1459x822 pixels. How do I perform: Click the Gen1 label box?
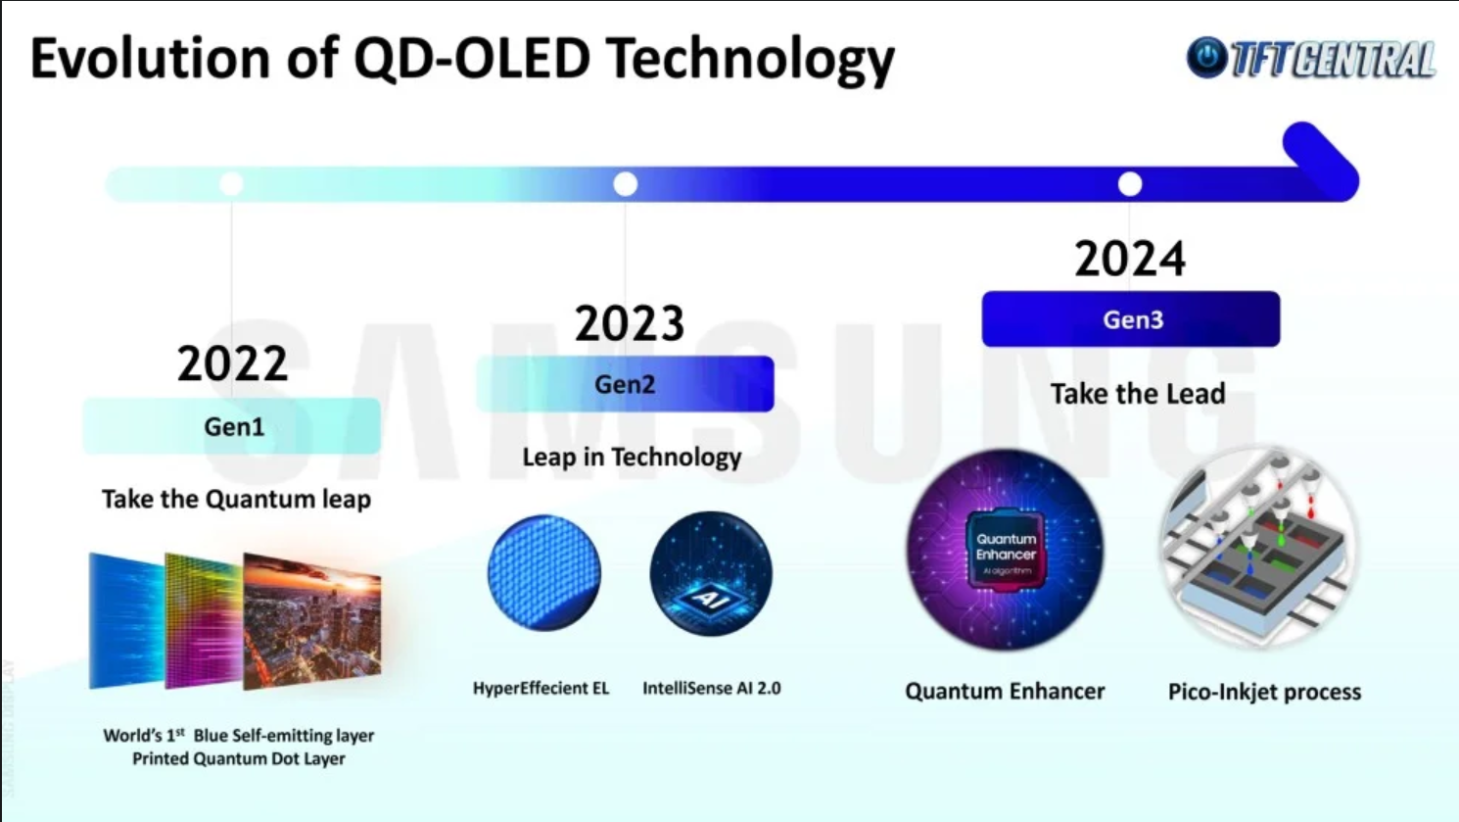tap(232, 426)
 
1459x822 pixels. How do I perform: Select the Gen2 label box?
tap(626, 384)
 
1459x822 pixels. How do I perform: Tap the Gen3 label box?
tap(1131, 319)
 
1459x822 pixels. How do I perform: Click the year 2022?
tap(232, 363)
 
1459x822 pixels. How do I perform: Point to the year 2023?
tap(630, 322)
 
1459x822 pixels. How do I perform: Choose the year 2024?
tap(1130, 259)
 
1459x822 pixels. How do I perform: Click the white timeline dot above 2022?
tap(232, 184)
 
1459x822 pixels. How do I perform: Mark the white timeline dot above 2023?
tap(626, 184)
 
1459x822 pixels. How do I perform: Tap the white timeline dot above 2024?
tap(1130, 184)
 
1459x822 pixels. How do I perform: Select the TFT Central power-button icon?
tap(1207, 58)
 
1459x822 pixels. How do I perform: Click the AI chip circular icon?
tap(711, 574)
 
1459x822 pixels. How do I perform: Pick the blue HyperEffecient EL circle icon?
tap(544, 573)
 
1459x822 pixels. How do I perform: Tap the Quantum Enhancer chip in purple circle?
tap(1005, 550)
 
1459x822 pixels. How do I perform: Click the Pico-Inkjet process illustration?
tap(1260, 548)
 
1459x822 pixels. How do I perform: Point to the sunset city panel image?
tap(312, 621)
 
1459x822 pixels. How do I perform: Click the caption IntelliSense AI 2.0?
tap(712, 689)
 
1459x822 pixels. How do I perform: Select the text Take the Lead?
tap(1138, 394)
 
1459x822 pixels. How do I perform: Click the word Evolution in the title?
tap(151, 59)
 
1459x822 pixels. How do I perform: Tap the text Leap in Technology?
tap(632, 458)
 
